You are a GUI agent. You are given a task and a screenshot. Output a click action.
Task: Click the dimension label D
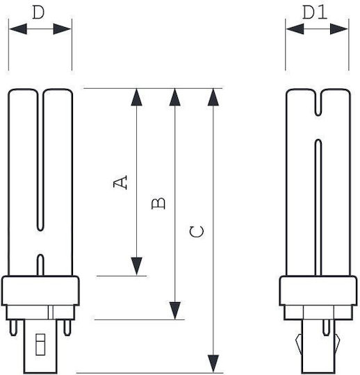(x=38, y=12)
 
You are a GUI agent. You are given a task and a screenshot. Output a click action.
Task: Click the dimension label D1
(x=315, y=12)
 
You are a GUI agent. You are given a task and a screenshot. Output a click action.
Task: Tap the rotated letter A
(x=120, y=183)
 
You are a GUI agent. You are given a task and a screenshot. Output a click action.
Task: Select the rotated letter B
(x=158, y=203)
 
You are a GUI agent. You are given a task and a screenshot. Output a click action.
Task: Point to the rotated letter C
(x=197, y=232)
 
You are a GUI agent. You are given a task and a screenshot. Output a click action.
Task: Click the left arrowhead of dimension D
(x=18, y=29)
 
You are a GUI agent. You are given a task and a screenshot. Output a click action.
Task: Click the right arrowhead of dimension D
(x=63, y=29)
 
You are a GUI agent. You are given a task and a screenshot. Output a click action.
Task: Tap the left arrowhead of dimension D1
(x=295, y=29)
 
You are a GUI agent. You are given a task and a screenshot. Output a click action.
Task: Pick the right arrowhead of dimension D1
(x=339, y=29)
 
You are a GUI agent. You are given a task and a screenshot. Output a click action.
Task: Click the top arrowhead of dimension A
(x=137, y=97)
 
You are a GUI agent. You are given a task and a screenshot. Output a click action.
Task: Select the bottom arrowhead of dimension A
(x=137, y=266)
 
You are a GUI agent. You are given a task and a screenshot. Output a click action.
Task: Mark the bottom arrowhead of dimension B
(x=175, y=310)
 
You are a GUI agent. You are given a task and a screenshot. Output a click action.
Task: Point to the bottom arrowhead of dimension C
(x=213, y=364)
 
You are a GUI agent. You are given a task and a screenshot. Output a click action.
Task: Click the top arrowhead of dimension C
(x=213, y=97)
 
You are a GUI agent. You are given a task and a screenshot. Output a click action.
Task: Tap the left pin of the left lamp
(x=13, y=328)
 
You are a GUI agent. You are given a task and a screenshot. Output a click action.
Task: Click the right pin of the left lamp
(x=67, y=328)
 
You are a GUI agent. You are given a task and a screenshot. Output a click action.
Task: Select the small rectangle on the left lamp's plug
(x=40, y=344)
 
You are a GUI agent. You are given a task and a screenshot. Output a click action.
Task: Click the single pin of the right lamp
(x=326, y=328)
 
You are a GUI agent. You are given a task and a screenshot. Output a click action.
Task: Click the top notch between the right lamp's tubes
(x=318, y=103)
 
